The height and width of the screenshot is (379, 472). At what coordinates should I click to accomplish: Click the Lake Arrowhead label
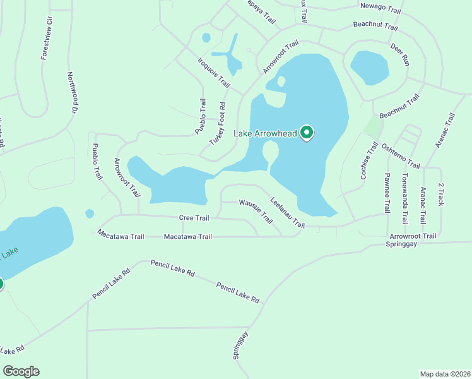[266, 133]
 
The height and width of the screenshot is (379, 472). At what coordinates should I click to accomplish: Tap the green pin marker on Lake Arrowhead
[307, 133]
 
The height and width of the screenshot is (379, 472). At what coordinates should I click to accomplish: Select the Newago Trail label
[381, 9]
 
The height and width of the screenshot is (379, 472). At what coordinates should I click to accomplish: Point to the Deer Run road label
[400, 56]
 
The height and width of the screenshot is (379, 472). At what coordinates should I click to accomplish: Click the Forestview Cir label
[45, 43]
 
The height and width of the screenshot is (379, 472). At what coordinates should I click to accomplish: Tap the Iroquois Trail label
[214, 72]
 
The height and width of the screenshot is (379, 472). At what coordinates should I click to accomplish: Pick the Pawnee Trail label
[387, 193]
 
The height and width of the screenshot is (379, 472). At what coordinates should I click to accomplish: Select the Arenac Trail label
[445, 131]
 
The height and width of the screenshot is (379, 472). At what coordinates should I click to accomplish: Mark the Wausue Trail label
[256, 211]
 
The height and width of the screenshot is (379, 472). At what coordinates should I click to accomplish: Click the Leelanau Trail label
[287, 213]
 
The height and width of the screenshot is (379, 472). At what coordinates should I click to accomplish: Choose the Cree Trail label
[194, 218]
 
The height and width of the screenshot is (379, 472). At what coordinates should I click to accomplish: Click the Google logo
[21, 371]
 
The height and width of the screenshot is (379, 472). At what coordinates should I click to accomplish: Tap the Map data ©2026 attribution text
[445, 374]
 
